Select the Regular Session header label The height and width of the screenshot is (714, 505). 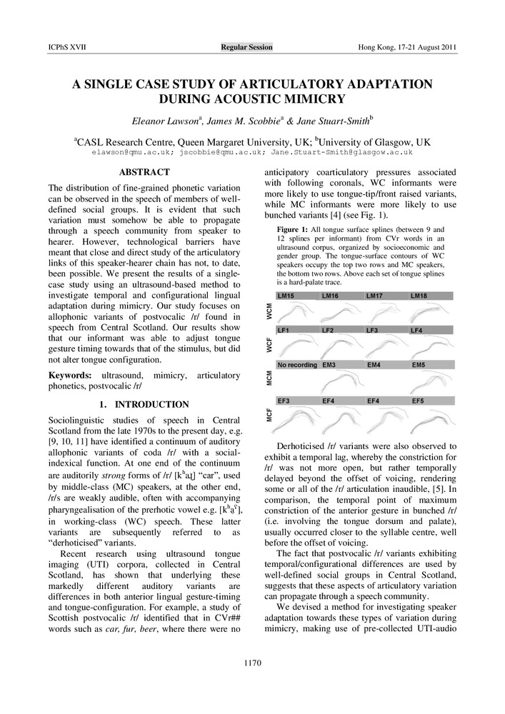tap(246, 47)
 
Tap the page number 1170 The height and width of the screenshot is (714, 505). tap(252, 663)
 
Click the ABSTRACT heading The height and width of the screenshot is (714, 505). tap(144, 172)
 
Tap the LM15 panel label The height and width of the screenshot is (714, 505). tap(286, 295)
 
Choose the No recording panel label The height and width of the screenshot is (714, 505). tap(297, 365)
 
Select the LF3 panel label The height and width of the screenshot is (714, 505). tap(374, 330)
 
